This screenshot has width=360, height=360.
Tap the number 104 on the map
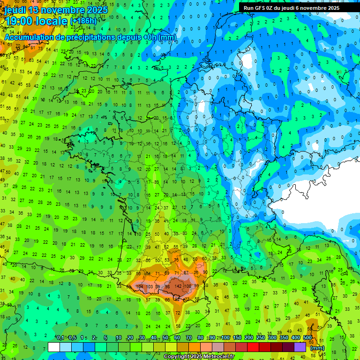tap(139, 286)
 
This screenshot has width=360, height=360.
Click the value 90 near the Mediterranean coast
tap(205, 272)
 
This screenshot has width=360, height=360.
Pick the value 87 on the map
tap(187, 272)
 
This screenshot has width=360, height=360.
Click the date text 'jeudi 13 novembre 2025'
tap(56, 10)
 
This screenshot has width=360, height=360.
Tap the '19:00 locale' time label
tap(36, 21)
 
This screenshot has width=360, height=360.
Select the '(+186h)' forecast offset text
tap(83, 21)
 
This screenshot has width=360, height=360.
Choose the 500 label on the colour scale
tap(307, 338)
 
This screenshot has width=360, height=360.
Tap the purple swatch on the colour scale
tap(300, 347)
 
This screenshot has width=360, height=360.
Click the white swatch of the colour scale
tap(54, 347)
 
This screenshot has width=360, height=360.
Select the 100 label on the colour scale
tap(225, 338)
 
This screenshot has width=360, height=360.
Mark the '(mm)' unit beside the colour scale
tap(317, 348)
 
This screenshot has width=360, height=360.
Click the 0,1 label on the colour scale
tap(60, 338)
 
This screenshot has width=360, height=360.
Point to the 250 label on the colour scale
tap(261, 338)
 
